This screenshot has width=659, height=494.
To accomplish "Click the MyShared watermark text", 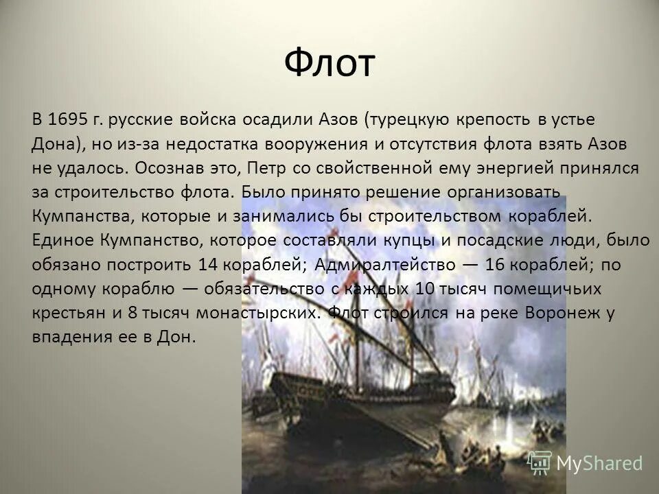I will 599,462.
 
